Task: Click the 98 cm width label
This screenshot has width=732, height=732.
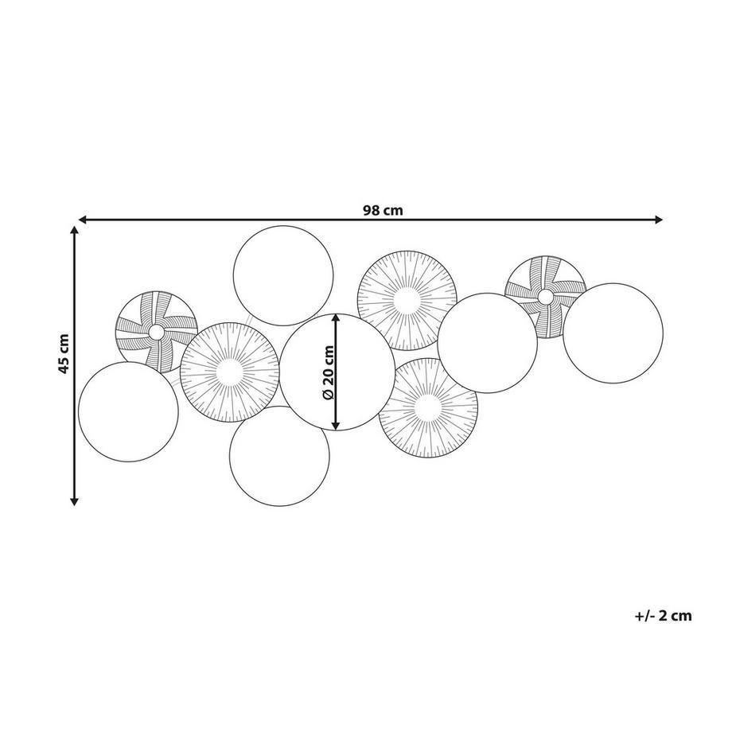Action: click(383, 211)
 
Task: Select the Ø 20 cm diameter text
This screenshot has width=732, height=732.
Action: click(328, 372)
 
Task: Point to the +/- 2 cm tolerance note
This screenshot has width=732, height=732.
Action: click(663, 616)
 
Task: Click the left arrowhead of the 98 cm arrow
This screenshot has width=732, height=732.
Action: click(83, 220)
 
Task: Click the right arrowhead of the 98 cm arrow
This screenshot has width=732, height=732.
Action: click(658, 220)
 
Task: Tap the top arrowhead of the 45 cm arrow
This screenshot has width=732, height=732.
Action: click(74, 231)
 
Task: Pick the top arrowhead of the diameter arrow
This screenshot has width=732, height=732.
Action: click(336, 318)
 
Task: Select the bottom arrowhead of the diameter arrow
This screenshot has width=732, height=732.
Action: click(336, 424)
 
